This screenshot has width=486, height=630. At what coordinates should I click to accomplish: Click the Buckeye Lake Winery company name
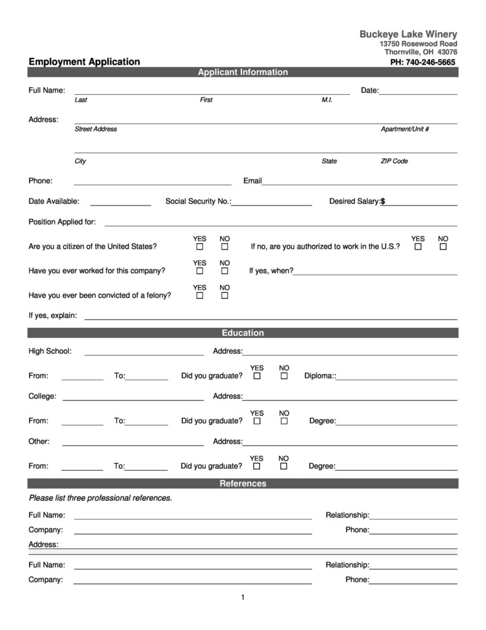[408, 34]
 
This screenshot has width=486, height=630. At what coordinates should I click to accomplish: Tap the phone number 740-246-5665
[423, 62]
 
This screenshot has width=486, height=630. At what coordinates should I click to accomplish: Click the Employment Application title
[84, 62]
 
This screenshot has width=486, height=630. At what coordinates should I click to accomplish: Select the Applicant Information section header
[243, 72]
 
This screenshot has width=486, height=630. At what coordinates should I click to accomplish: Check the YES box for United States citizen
[200, 247]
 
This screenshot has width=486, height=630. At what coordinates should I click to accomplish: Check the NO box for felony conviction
[225, 295]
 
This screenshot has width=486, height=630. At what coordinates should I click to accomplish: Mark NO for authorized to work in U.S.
[443, 247]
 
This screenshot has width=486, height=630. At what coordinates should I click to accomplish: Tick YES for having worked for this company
[200, 271]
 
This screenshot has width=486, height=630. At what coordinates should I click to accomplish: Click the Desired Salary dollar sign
[383, 201]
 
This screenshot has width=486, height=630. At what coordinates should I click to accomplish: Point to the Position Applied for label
[62, 221]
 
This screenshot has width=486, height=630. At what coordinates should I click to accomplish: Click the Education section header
[243, 333]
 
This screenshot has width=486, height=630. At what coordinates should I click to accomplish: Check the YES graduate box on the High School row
[257, 376]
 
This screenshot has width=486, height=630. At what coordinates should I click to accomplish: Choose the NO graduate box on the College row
[284, 421]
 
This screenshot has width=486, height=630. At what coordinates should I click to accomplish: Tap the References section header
[243, 484]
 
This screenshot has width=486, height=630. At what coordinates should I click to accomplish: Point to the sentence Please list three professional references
[100, 498]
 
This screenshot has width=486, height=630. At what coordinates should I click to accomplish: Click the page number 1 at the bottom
[243, 597]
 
